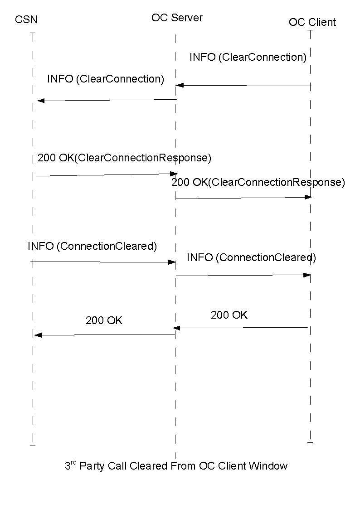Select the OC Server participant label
coord(177,18)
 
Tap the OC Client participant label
coord(312,22)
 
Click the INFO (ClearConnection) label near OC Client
coord(248,57)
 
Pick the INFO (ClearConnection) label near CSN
coord(105,79)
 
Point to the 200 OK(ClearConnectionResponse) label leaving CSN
coord(124,158)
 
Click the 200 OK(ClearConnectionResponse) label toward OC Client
coord(258,182)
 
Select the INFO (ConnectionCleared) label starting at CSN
coord(92,246)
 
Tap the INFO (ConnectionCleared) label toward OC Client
coord(251,257)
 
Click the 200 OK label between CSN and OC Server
coord(104,320)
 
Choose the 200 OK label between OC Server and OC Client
coord(229,315)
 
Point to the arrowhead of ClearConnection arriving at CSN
coord(39,101)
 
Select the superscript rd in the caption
coord(74,463)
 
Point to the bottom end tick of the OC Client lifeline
coord(310,442)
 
